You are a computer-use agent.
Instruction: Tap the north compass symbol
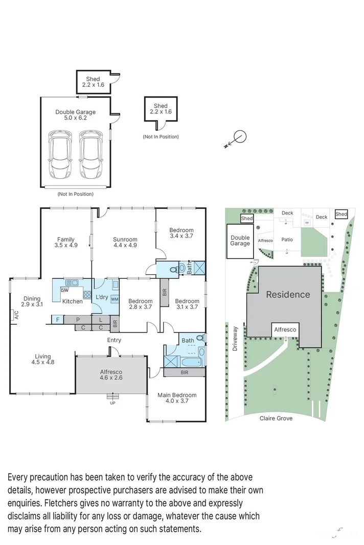click(x=239, y=137)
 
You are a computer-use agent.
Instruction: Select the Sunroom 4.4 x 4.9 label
click(x=125, y=242)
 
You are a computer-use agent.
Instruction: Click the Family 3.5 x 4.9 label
click(x=66, y=242)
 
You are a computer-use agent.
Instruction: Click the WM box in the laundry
click(x=115, y=299)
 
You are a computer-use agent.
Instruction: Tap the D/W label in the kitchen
click(x=65, y=290)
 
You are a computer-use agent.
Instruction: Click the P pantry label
click(x=78, y=320)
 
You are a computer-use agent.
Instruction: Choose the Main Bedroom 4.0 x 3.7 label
click(x=177, y=398)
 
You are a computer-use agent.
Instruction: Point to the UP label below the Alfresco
click(x=112, y=403)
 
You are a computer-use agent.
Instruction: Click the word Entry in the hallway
click(x=114, y=340)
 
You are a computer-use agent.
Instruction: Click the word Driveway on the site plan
click(x=236, y=338)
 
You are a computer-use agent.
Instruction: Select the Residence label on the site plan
click(x=288, y=294)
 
